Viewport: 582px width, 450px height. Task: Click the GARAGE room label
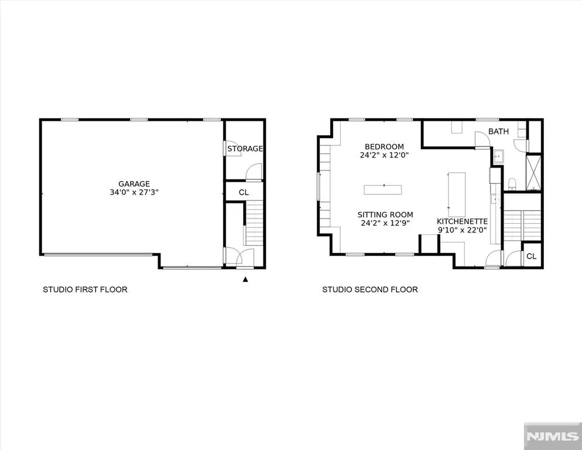click(x=134, y=184)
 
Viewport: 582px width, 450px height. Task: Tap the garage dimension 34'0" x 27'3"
click(x=134, y=193)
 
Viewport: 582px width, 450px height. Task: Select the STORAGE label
click(x=245, y=149)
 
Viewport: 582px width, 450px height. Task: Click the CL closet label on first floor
click(x=244, y=193)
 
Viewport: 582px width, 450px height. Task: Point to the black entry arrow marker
click(x=245, y=279)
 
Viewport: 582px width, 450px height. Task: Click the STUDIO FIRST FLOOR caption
click(x=85, y=289)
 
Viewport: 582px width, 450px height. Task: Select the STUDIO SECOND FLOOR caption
click(x=370, y=289)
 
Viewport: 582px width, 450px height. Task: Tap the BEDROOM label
click(x=384, y=147)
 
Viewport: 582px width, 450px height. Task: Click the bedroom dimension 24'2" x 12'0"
click(x=384, y=155)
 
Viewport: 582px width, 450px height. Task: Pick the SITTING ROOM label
click(x=385, y=215)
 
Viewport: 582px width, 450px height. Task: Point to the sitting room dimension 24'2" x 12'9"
click(x=385, y=223)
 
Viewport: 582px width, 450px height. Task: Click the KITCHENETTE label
click(x=462, y=221)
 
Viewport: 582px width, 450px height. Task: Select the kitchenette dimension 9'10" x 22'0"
click(x=462, y=230)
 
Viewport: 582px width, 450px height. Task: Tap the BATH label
click(x=498, y=132)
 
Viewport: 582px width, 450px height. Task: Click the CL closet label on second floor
click(x=532, y=257)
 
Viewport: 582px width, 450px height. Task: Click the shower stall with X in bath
click(x=534, y=173)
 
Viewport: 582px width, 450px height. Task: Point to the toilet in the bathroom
click(x=512, y=183)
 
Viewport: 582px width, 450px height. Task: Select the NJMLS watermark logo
click(x=553, y=437)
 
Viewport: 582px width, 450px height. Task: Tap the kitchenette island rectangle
click(x=457, y=195)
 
